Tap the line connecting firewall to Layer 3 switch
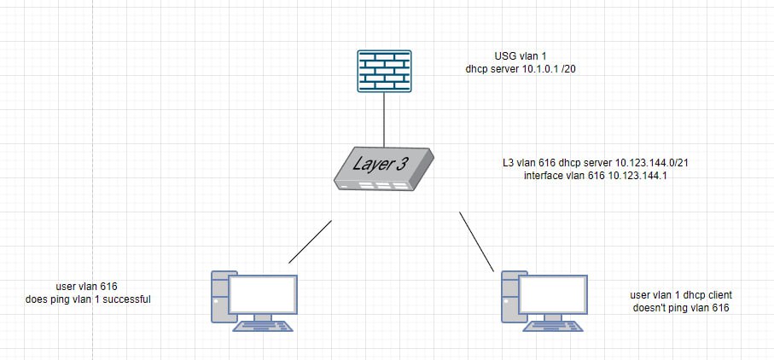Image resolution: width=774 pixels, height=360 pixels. click(384, 119)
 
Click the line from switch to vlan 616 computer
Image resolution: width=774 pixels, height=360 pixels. click(310, 241)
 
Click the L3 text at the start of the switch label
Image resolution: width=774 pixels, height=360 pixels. click(509, 162)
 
